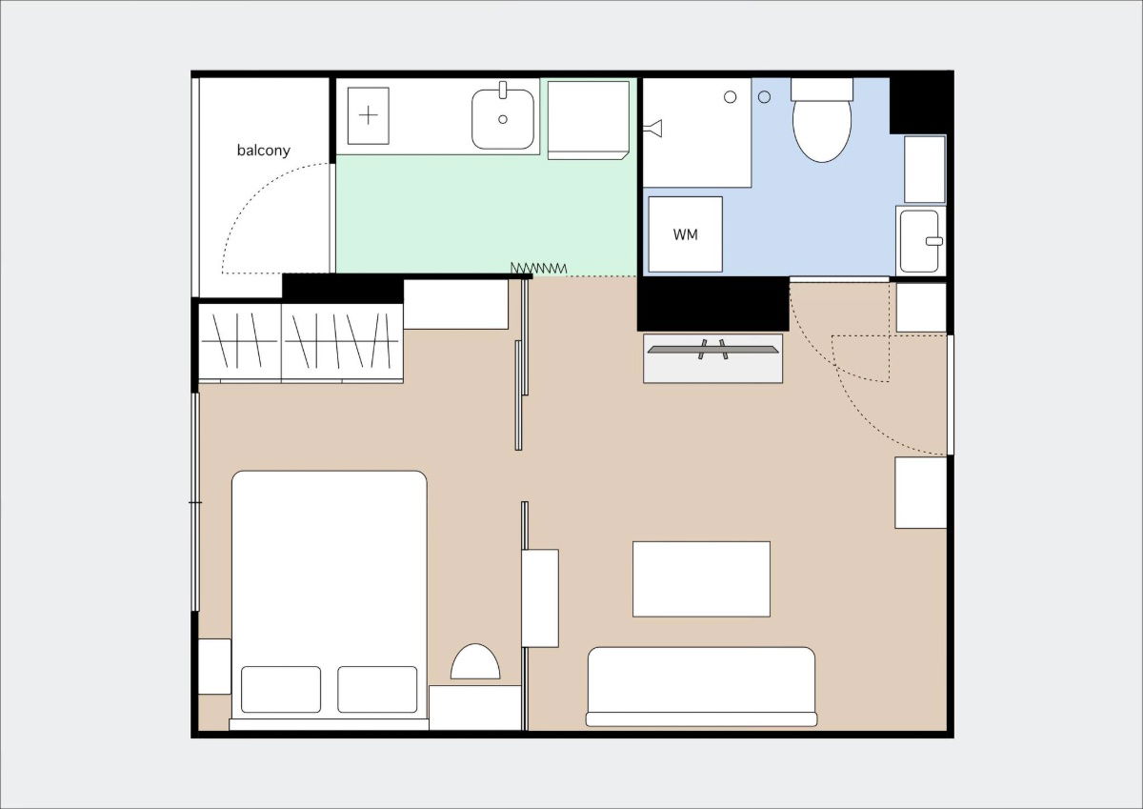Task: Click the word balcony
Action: (264, 151)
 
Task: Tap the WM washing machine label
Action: (685, 234)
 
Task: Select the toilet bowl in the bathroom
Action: (821, 129)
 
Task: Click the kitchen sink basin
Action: (503, 119)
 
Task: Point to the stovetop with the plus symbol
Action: (369, 115)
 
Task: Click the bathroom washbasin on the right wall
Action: (921, 240)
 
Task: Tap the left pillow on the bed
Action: (281, 689)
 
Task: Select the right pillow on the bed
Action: (377, 689)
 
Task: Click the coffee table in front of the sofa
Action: (701, 578)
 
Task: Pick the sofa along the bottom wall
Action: (701, 685)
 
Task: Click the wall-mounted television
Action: (713, 351)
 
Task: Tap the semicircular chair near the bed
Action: (475, 663)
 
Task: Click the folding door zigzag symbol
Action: (539, 269)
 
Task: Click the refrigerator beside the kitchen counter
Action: (588, 119)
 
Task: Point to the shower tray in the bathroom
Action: (696, 133)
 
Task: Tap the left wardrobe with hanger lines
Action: (239, 342)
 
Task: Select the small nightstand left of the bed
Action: (214, 666)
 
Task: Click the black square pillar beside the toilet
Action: (919, 103)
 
